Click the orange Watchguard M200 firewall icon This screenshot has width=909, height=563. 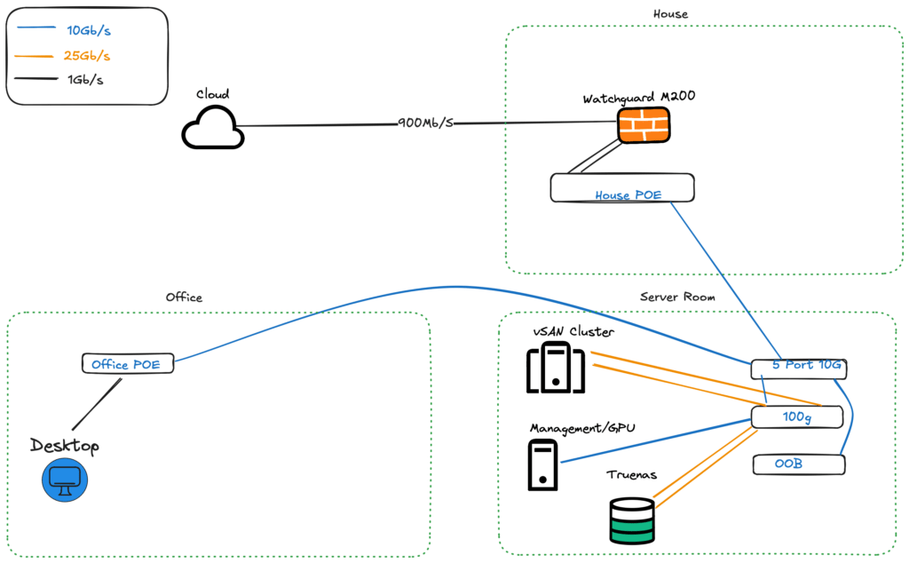[x=644, y=126]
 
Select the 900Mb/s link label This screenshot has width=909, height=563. [x=426, y=123]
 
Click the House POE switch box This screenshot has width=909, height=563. [x=621, y=188]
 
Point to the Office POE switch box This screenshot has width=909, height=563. [x=127, y=363]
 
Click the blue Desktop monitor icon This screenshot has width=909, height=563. [x=64, y=480]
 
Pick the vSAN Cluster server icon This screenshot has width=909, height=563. [x=556, y=369]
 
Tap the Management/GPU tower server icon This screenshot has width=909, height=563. [x=542, y=465]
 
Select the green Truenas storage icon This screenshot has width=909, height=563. [x=632, y=520]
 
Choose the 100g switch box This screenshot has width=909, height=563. [x=796, y=416]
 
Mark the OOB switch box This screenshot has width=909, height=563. [x=798, y=464]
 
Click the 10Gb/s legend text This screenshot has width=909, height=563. [x=89, y=31]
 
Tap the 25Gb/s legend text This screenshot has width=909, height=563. [x=89, y=55]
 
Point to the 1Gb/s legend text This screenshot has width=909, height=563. [x=86, y=80]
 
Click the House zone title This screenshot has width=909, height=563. [x=670, y=14]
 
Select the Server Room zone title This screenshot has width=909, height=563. [x=677, y=297]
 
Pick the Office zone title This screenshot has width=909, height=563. [x=184, y=297]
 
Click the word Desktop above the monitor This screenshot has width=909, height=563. [x=65, y=445]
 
